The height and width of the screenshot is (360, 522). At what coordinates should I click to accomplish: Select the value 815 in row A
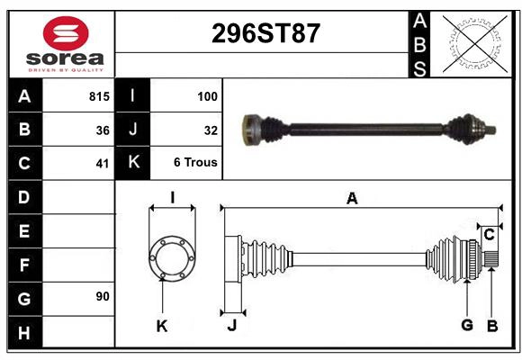(99, 94)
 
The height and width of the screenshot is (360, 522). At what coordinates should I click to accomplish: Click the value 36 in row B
(102, 130)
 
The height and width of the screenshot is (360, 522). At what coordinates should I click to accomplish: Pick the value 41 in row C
(102, 164)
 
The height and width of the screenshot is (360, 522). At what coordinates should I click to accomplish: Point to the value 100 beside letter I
(208, 94)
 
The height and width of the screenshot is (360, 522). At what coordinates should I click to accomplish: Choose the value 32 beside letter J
(211, 130)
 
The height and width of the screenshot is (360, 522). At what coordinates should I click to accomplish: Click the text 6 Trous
(196, 164)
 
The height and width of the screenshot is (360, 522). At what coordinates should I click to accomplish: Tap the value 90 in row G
(102, 296)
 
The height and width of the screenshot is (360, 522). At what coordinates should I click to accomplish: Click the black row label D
(24, 197)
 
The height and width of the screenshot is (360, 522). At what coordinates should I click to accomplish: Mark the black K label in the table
(133, 163)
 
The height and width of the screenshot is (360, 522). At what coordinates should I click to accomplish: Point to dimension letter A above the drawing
(352, 199)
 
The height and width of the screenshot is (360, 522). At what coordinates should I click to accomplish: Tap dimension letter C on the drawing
(489, 235)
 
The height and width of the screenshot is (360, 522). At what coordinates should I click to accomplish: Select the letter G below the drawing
(467, 326)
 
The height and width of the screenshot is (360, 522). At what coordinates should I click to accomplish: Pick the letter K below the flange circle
(162, 326)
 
